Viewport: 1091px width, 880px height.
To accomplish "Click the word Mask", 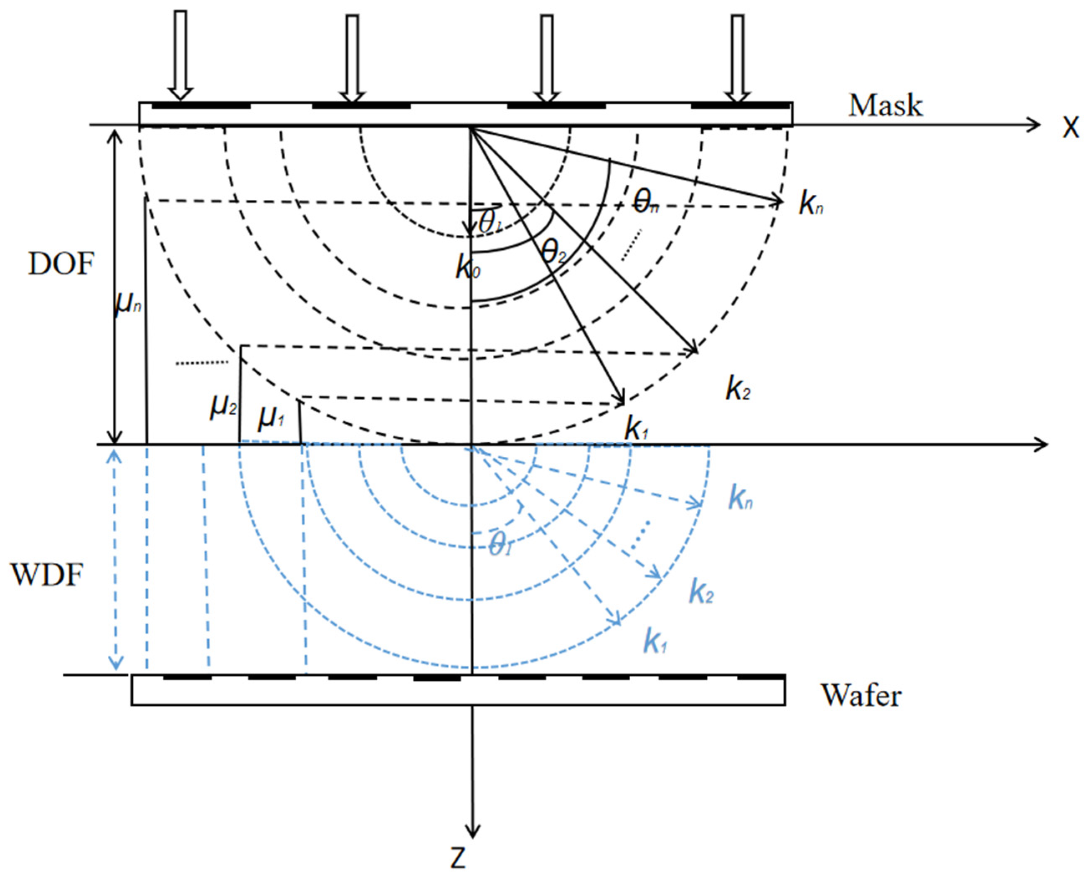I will coord(885,107).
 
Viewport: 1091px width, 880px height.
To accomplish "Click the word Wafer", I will coord(861,695).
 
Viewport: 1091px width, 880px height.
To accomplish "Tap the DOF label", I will coord(61,264).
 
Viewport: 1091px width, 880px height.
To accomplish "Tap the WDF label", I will coord(47,575).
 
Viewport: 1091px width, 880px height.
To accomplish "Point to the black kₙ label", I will coord(810,204).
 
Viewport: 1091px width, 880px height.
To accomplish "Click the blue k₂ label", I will coord(701,592).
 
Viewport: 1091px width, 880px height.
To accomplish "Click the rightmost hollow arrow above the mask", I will coord(737,57).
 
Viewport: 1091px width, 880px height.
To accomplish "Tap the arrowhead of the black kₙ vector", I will coord(778,201).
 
